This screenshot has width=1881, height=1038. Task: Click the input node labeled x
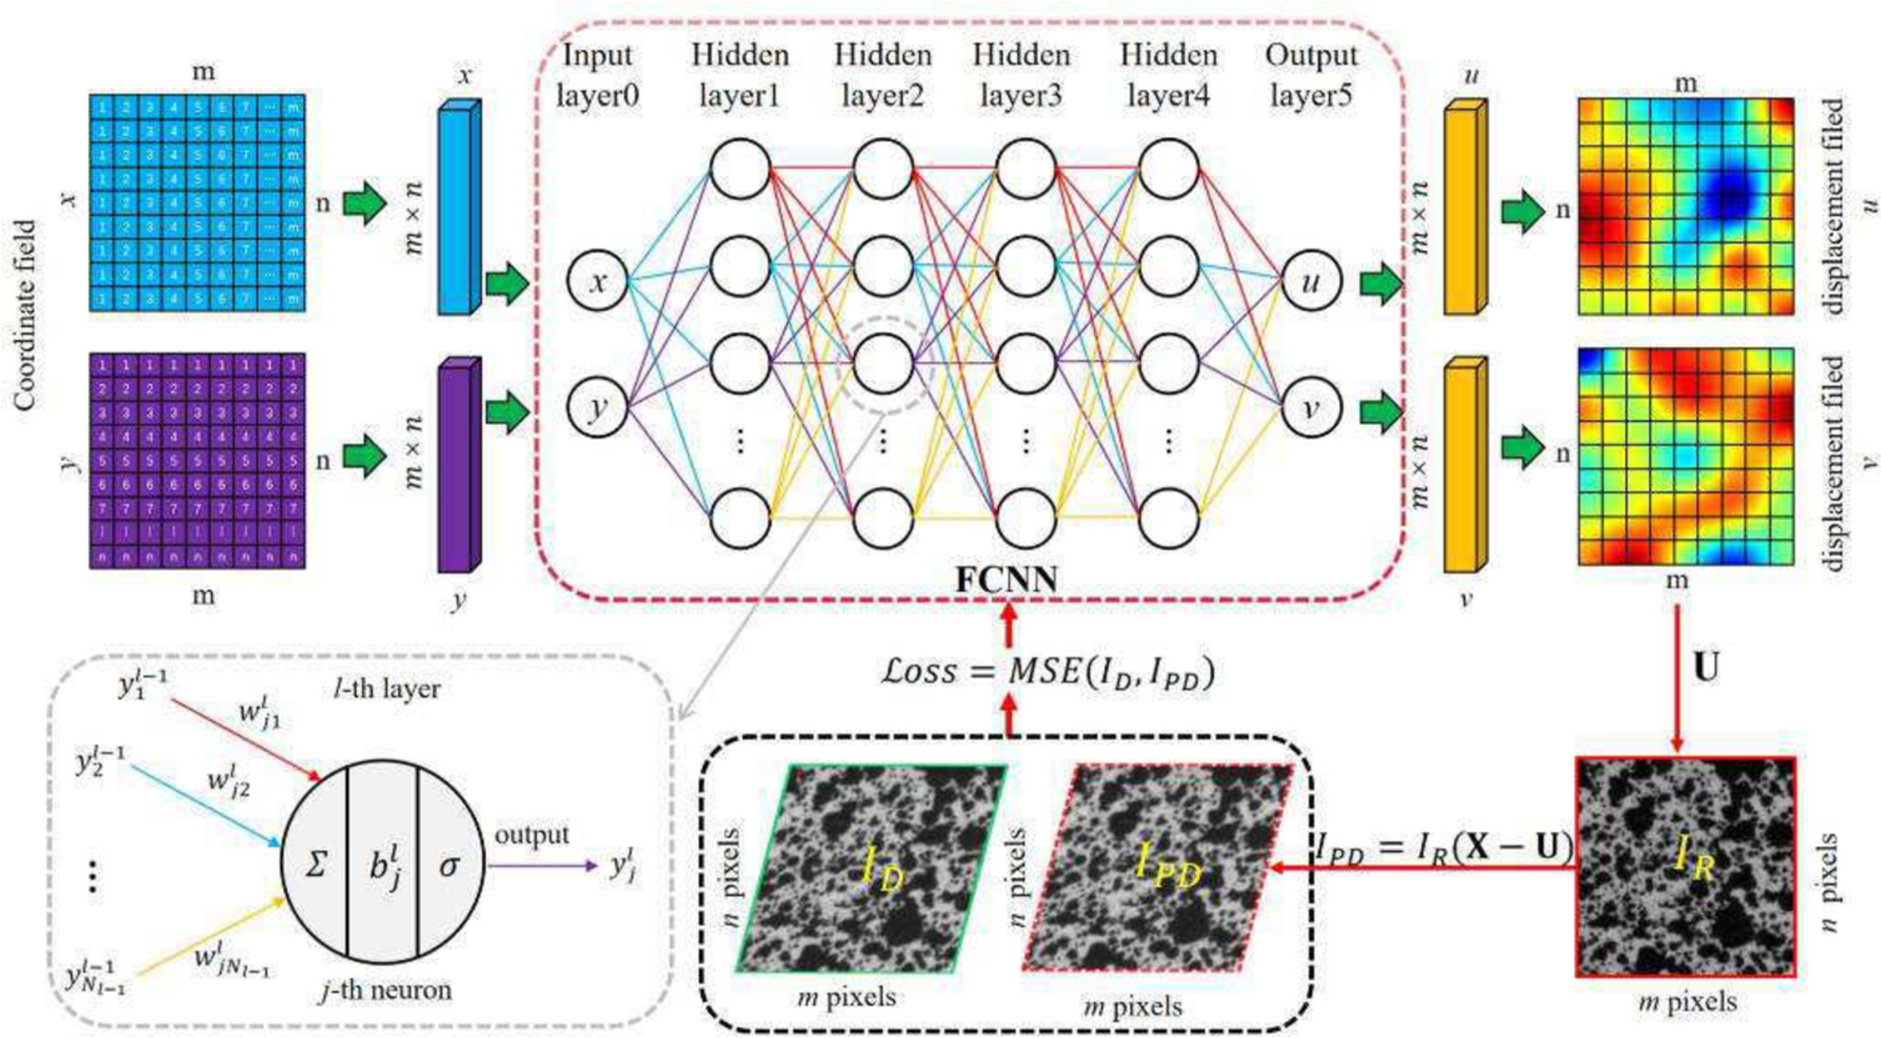tap(597, 281)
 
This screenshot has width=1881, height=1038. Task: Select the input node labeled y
tap(597, 406)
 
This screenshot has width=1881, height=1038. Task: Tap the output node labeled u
tap(1311, 281)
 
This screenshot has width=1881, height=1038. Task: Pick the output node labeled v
tap(1311, 406)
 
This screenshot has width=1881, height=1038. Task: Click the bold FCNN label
tap(1006, 580)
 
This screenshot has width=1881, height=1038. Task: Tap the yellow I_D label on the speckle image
tap(880, 870)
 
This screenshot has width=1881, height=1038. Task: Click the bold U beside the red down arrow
tap(1705, 667)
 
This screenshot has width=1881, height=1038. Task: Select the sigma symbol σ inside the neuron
tap(449, 866)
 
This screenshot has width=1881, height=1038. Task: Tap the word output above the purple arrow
tap(530, 834)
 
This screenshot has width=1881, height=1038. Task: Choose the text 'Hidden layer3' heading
tap(1021, 74)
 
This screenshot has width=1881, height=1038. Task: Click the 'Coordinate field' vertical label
tap(25, 315)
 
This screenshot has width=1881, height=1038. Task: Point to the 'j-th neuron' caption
tap(386, 990)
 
